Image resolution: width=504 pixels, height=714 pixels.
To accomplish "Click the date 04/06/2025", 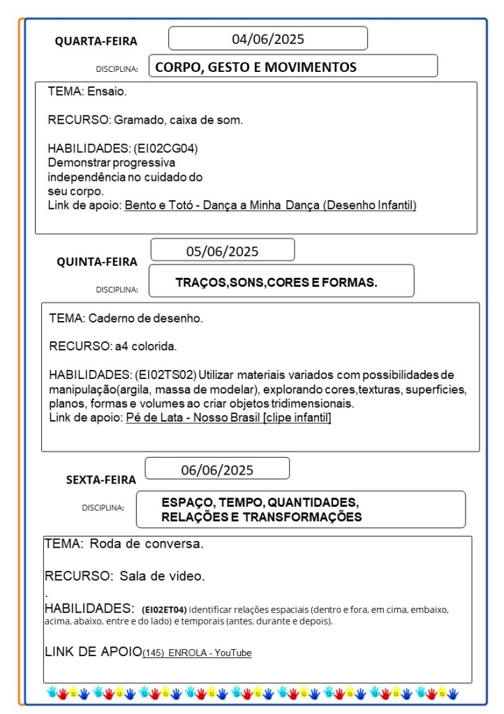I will tap(268, 39).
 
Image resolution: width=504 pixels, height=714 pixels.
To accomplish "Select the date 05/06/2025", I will tap(222, 251).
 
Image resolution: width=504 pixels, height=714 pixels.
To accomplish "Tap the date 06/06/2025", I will tap(217, 470).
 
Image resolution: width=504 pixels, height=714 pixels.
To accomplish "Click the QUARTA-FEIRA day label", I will tap(96, 41).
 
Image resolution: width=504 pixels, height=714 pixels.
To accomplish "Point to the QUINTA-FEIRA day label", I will tap(97, 262).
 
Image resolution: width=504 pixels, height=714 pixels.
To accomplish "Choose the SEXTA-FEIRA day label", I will tap(101, 479).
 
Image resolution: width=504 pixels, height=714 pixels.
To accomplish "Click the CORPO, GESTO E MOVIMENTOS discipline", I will tap(255, 67).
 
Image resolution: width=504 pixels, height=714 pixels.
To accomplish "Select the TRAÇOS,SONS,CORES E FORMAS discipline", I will tap(276, 283).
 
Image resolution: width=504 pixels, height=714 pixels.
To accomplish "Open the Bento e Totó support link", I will tap(270, 205).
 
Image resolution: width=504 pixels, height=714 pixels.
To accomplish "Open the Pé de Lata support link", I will tap(228, 417).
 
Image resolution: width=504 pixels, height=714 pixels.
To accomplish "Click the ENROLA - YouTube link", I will tap(197, 653).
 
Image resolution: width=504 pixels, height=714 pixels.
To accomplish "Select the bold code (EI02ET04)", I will tap(164, 609).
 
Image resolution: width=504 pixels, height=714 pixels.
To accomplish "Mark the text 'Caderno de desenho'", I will tap(145, 318).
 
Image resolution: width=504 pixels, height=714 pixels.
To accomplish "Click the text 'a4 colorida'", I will tap(146, 345).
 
